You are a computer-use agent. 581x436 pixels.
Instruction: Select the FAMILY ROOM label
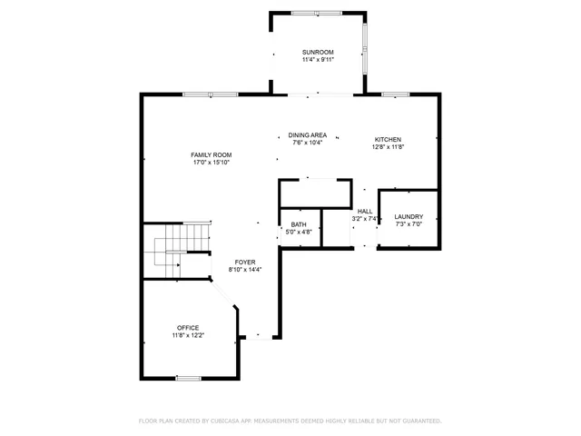click(x=211, y=154)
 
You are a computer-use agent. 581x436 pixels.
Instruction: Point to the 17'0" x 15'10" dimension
click(x=211, y=163)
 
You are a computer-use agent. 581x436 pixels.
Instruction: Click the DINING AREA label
click(x=308, y=134)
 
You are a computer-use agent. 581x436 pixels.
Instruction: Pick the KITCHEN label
click(x=388, y=139)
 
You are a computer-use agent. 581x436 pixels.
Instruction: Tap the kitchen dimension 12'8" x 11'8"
click(x=388, y=147)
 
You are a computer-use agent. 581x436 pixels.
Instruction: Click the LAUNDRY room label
click(x=409, y=216)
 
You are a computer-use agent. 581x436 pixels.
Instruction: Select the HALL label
click(x=364, y=211)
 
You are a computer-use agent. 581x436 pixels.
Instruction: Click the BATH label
click(x=299, y=224)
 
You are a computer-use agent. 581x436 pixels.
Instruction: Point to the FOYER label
click(x=245, y=262)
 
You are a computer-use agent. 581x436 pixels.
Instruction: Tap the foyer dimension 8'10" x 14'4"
click(x=245, y=270)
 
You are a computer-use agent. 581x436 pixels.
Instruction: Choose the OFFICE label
click(x=188, y=327)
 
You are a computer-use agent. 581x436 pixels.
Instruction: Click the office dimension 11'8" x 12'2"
click(x=188, y=335)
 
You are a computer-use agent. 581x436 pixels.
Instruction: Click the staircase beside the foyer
click(x=169, y=249)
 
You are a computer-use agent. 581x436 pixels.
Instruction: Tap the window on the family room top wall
click(x=210, y=94)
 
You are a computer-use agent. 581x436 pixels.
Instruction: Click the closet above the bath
click(x=314, y=193)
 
